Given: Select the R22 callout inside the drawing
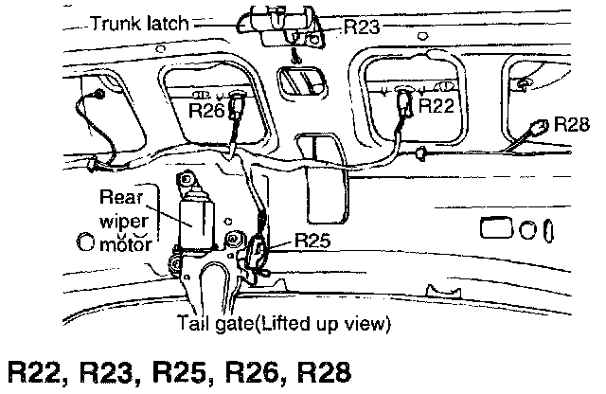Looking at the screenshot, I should [437, 106].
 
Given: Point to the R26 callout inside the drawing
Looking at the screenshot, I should [207, 111].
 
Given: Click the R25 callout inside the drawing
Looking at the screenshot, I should [312, 241].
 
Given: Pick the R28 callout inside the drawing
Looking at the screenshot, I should [572, 124].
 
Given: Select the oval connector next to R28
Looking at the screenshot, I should [541, 125].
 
